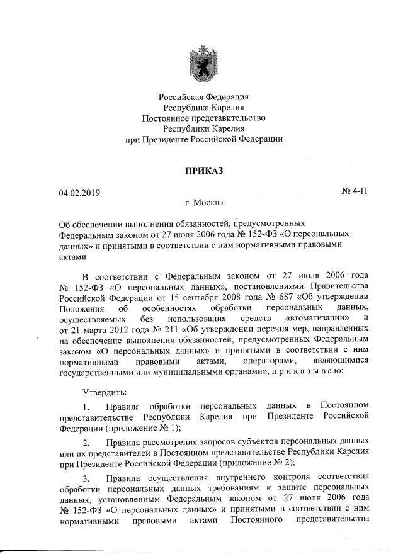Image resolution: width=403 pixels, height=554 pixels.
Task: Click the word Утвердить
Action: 106,392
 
